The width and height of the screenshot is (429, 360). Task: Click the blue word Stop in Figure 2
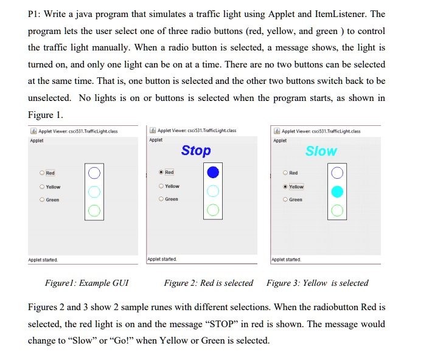click(196, 151)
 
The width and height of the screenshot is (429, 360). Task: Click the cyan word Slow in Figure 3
click(321, 151)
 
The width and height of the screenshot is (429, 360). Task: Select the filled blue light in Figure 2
click(213, 172)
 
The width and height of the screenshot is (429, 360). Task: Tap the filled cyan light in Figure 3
click(337, 192)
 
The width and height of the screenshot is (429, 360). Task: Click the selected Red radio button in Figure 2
click(161, 172)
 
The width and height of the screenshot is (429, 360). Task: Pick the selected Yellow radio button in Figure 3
click(285, 187)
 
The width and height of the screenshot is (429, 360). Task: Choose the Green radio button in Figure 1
click(42, 199)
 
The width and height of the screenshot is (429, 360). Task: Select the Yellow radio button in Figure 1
click(42, 187)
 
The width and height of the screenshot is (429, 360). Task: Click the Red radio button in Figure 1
click(42, 173)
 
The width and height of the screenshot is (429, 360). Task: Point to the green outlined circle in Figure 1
click(94, 205)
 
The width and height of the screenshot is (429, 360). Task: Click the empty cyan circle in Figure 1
click(94, 186)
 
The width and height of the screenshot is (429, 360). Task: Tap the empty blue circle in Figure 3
click(337, 167)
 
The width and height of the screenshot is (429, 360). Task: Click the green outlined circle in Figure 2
click(213, 204)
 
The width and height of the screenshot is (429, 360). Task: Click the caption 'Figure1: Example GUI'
click(87, 283)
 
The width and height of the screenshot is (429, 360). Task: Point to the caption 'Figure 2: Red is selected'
click(209, 283)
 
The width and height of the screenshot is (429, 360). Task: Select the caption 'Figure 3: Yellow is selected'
click(318, 283)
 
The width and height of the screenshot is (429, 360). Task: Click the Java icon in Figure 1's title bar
click(33, 131)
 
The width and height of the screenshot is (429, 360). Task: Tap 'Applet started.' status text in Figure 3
click(286, 260)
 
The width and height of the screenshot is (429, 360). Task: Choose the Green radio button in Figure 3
click(285, 199)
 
